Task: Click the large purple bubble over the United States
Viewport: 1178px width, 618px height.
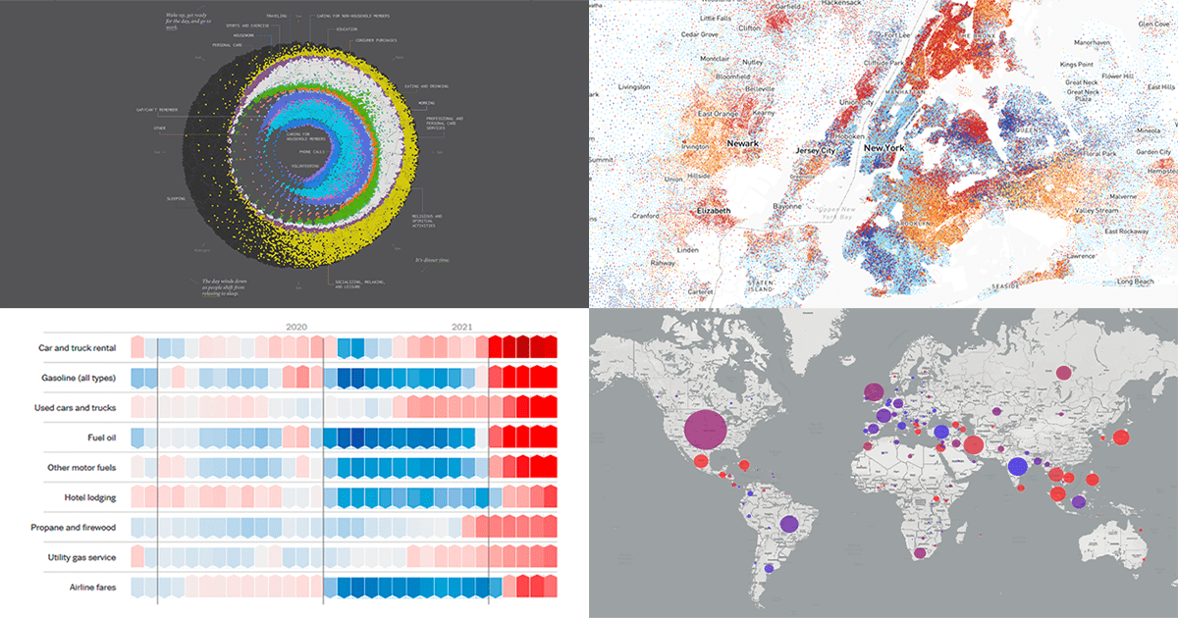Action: click(705, 432)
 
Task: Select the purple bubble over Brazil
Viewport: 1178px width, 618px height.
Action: click(788, 524)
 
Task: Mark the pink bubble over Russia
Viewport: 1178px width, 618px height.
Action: click(1063, 373)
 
